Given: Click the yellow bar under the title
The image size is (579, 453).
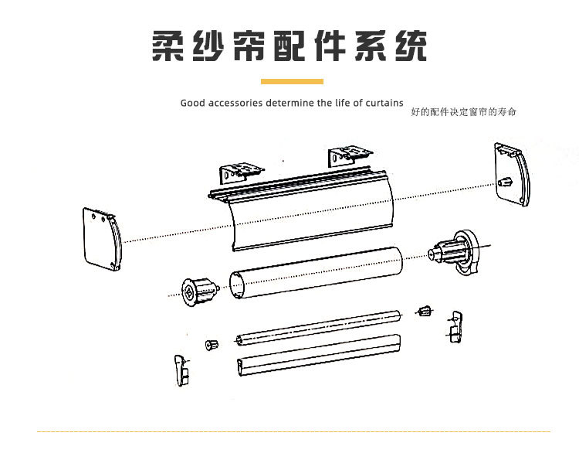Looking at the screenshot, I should pos(291,81).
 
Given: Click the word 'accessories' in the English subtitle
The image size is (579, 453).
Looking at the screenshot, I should pos(235,103).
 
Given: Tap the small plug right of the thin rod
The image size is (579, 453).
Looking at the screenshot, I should pos(423,311).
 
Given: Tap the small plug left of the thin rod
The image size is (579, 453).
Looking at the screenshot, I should pos(210,343).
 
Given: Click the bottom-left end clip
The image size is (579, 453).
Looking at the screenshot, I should pos(181,369).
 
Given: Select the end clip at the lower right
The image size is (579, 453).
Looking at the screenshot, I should pos(453,325).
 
